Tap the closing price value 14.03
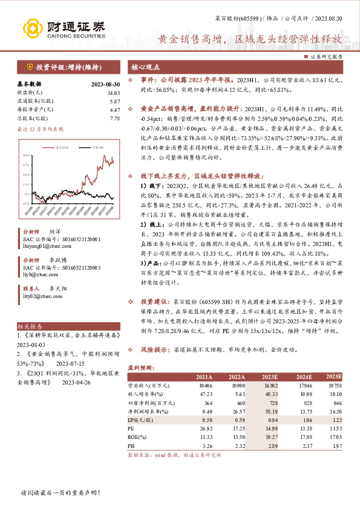[114, 92]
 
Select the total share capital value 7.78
[115, 118]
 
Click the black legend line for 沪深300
[88, 147]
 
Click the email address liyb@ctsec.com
[39, 273]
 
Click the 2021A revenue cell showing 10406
[205, 384]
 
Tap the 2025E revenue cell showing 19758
[334, 384]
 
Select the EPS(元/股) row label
[141, 419]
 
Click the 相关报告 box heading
[28, 325]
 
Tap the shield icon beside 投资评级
[29, 67]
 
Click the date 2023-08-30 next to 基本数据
[105, 84]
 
